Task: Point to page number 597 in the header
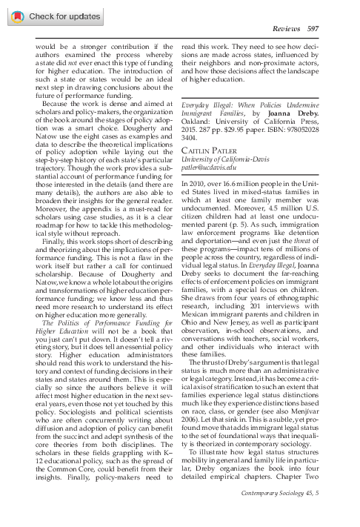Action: click(313, 27)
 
